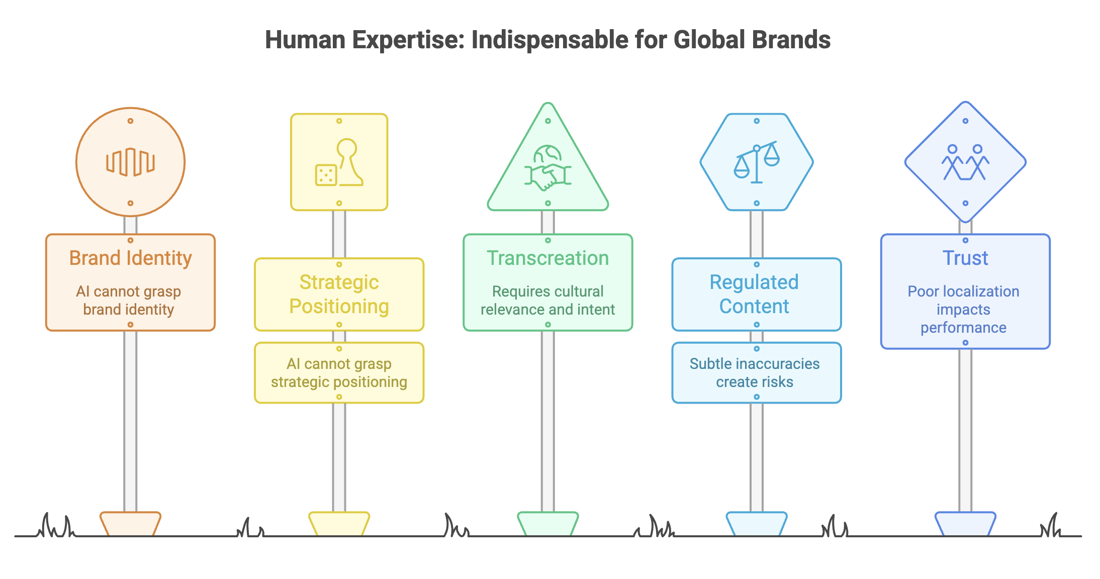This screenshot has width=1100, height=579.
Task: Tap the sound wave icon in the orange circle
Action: (130, 162)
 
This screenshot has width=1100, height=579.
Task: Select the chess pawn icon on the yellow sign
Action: (348, 162)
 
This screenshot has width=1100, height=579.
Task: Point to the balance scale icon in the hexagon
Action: (757, 162)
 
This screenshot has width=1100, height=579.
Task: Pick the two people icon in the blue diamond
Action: (965, 162)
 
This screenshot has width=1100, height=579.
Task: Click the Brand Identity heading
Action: (131, 258)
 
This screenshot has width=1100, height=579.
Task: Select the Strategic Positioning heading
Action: (339, 294)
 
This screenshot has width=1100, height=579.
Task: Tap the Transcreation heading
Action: (548, 258)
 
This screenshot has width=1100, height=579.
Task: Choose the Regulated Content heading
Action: (754, 294)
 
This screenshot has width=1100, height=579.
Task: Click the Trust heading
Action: (965, 258)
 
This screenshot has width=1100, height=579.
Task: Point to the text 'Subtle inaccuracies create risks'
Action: (755, 372)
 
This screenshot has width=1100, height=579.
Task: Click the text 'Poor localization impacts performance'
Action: (963, 309)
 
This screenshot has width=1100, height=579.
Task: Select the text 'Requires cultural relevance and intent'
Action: (548, 300)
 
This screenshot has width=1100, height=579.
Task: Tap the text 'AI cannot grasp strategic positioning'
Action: (339, 372)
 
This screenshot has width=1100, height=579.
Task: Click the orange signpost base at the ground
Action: (130, 524)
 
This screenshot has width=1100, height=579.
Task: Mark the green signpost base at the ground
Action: (548, 524)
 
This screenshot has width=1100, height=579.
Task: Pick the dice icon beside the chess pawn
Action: (326, 175)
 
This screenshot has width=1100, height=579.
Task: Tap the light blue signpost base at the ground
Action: (757, 524)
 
